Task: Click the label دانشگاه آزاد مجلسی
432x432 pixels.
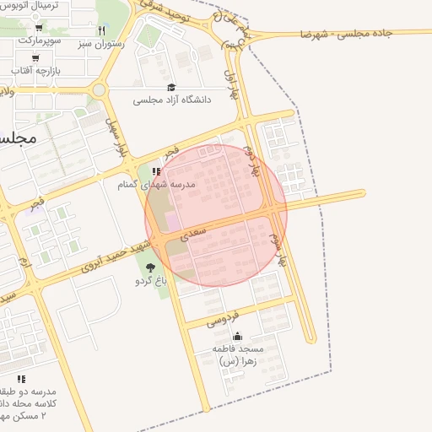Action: click(x=171, y=100)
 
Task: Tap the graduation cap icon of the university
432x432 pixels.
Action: click(x=171, y=87)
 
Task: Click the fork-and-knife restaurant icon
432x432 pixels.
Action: click(x=101, y=30)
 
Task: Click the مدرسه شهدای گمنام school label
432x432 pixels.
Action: click(x=158, y=183)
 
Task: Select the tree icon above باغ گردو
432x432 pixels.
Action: click(x=150, y=267)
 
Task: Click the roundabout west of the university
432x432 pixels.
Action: click(x=100, y=89)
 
